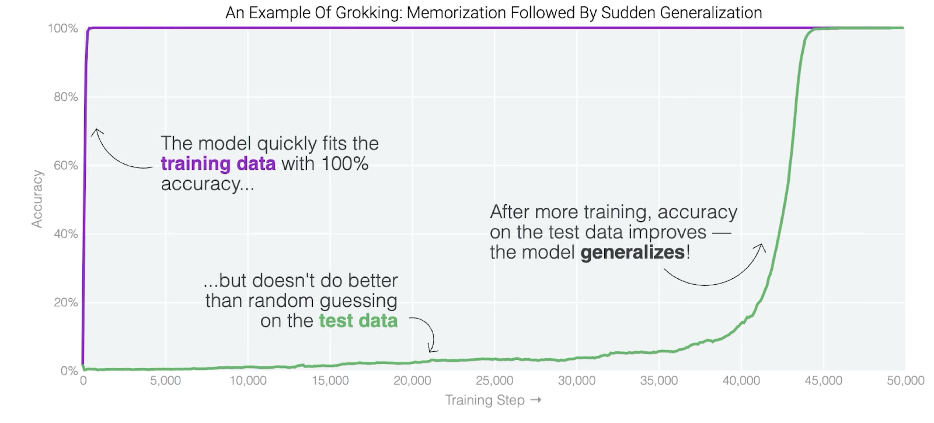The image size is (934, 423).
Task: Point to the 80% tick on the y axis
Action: [66, 97]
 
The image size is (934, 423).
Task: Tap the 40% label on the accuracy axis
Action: [66, 234]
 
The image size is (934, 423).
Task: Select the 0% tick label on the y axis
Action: [69, 370]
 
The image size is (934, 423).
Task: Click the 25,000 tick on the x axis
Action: [494, 380]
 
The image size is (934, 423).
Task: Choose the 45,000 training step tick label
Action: [823, 380]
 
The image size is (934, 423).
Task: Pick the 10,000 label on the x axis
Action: [248, 380]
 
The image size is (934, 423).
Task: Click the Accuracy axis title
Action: [37, 199]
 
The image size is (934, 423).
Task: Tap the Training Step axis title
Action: [485, 400]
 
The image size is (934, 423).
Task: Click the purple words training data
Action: [218, 163]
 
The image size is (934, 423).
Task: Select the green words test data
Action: [358, 321]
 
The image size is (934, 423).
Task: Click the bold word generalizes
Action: [632, 252]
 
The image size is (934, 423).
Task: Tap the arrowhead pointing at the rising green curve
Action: [761, 247]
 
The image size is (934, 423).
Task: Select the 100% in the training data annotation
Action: [344, 163]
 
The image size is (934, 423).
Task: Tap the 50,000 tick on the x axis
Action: [905, 380]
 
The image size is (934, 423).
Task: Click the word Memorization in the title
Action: [456, 13]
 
